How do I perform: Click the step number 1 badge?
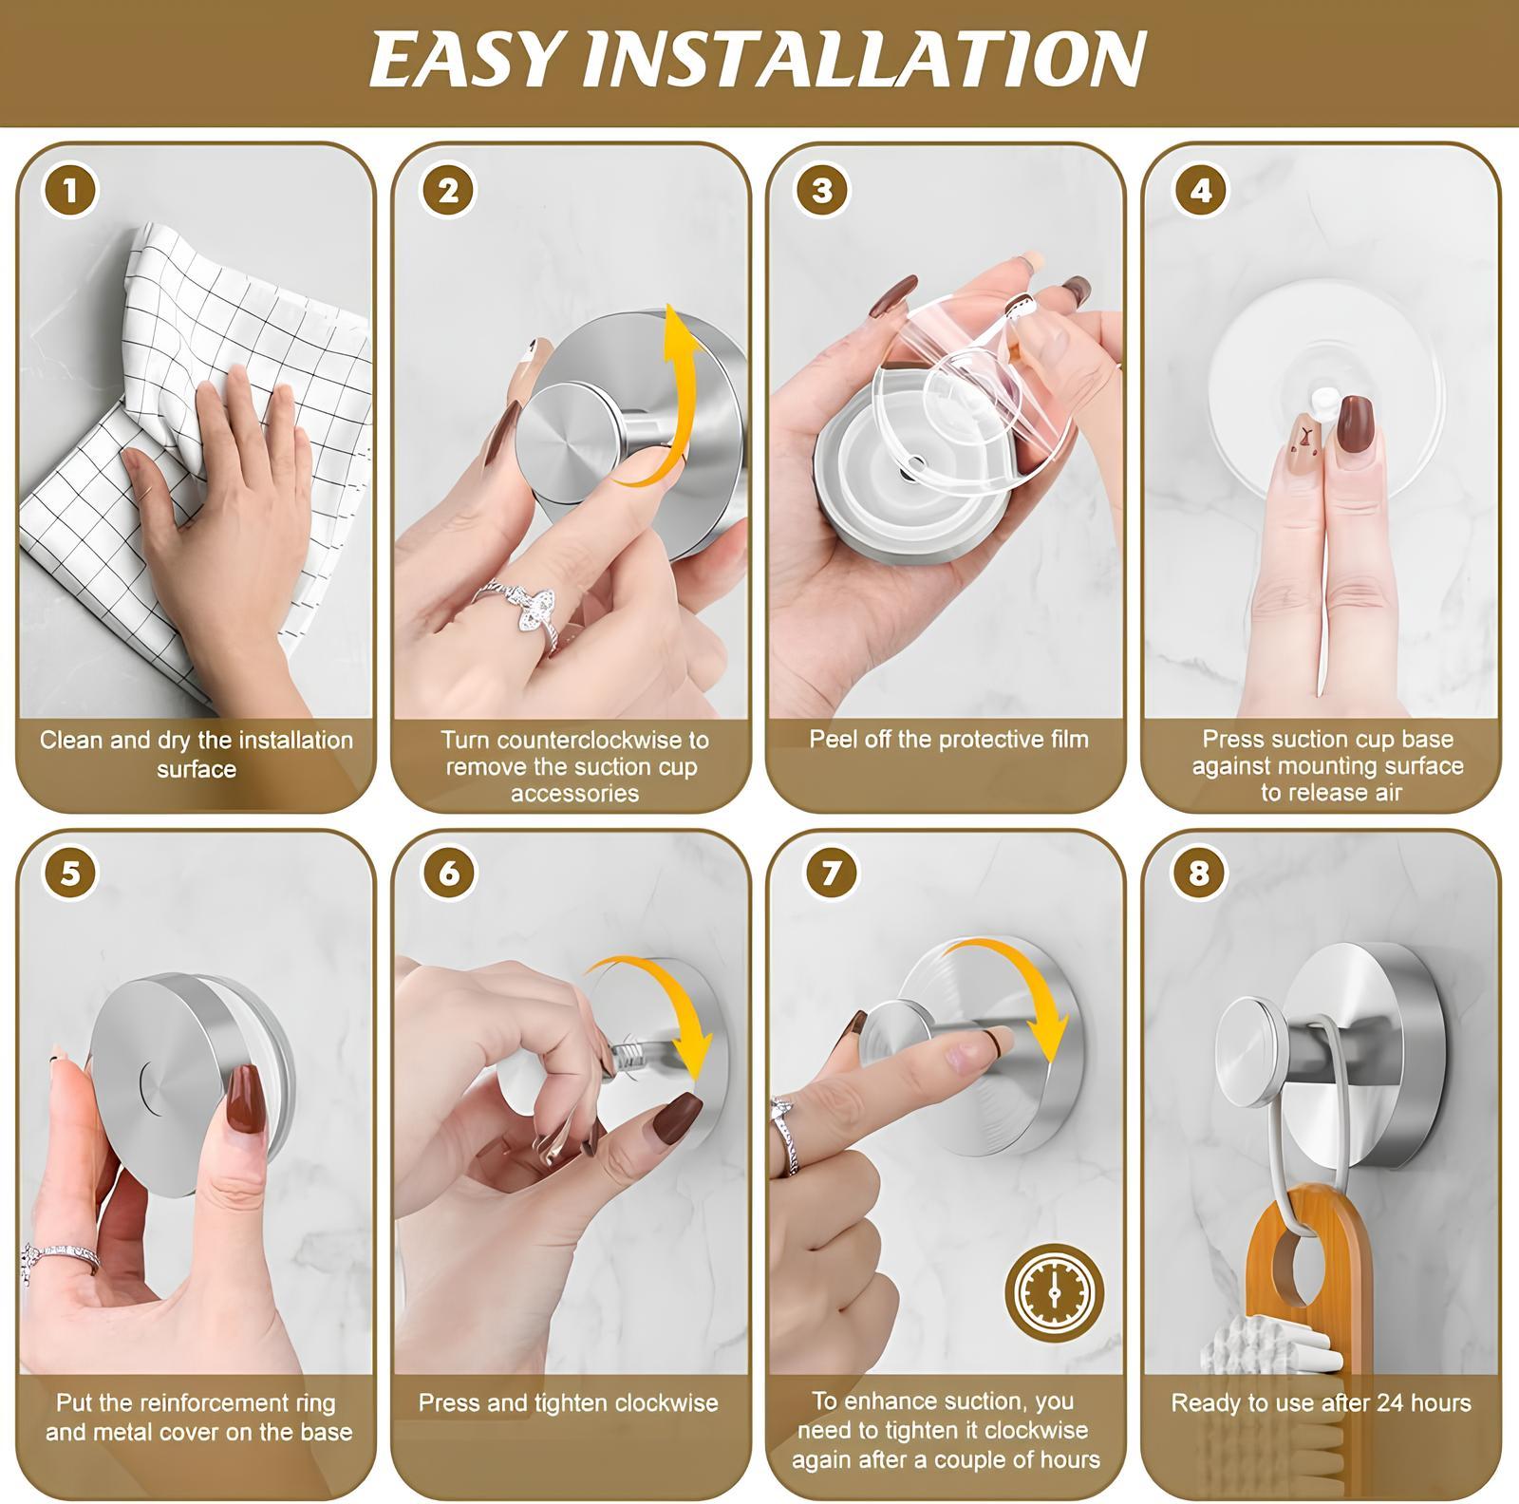pyautogui.click(x=69, y=192)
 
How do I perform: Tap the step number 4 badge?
pyautogui.click(x=1200, y=192)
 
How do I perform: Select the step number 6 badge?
pyautogui.click(x=448, y=873)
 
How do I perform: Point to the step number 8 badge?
pyautogui.click(x=1198, y=873)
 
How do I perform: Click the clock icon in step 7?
pyautogui.click(x=1054, y=1292)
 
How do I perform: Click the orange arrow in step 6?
pyautogui.click(x=665, y=1006)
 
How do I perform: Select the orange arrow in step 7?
pyautogui.click(x=1025, y=987)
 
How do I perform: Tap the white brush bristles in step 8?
pyautogui.click(x=1253, y=1348)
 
